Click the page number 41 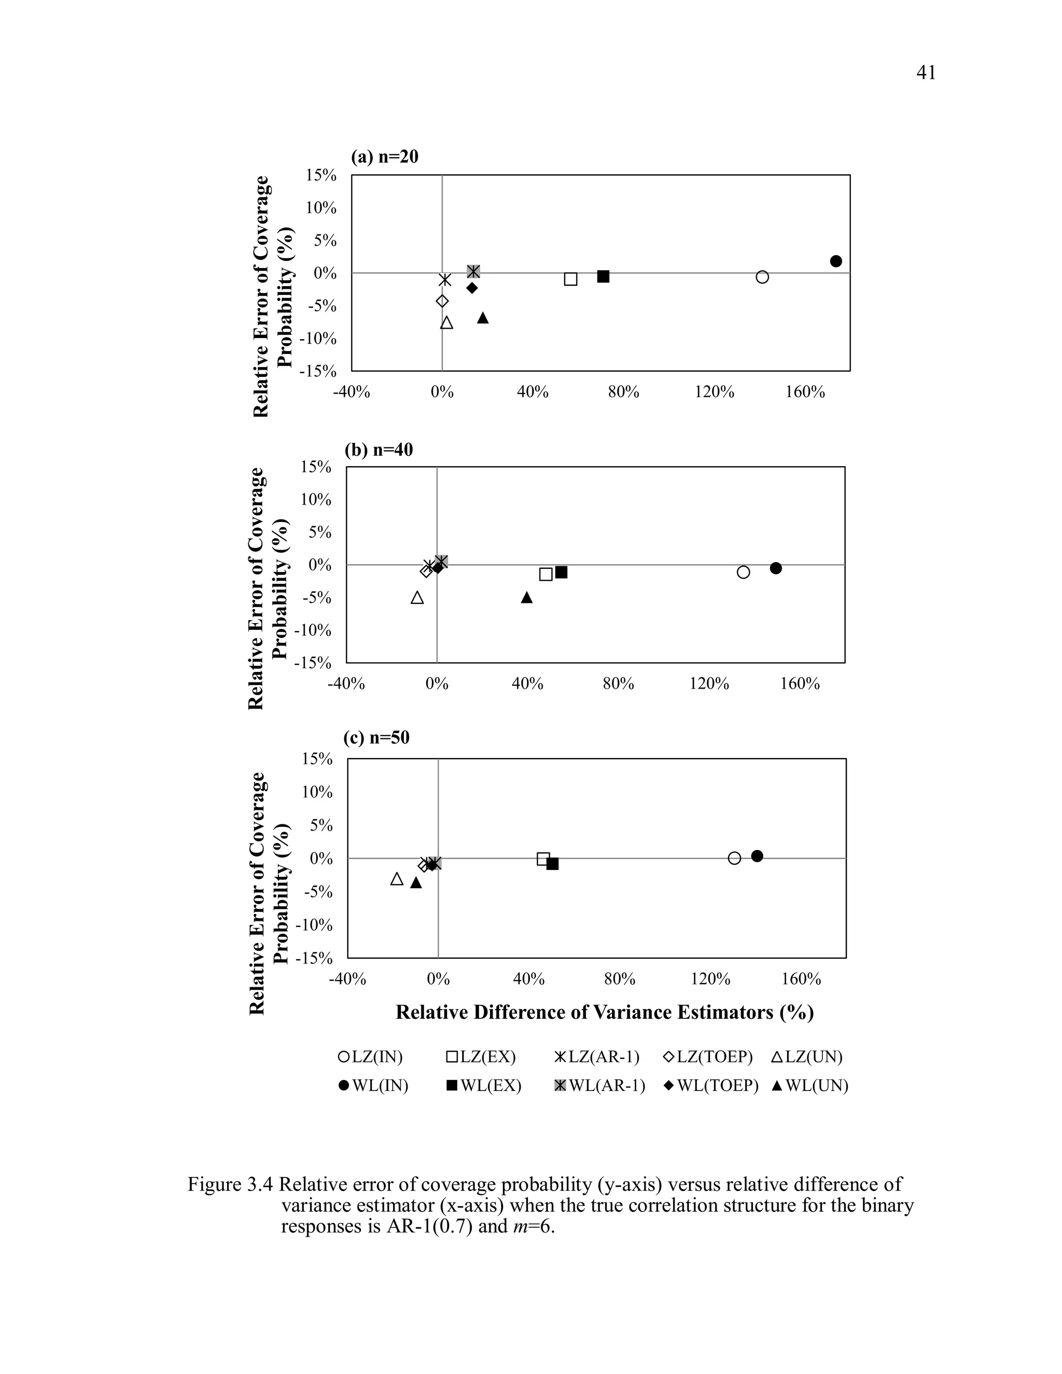point(926,73)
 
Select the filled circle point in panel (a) point(836,261)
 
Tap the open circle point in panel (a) point(762,277)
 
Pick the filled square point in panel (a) point(603,276)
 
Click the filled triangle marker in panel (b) point(527,597)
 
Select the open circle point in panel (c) point(734,858)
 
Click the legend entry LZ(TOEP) point(708,1056)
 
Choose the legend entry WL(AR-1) point(599,1086)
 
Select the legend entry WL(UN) point(809,1086)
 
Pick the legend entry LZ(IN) point(371,1056)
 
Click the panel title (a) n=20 point(384,157)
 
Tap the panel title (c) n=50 point(376,737)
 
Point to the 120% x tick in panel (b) point(709,684)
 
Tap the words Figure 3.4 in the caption point(230,1185)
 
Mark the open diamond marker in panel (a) point(442,301)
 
